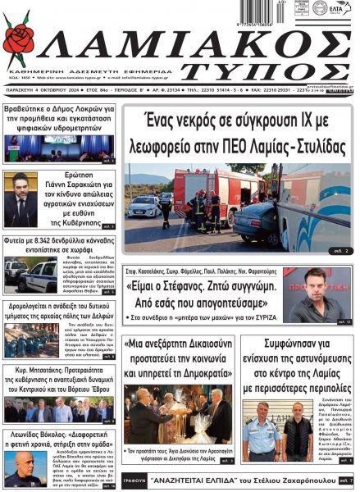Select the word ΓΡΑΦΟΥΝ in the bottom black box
[x=137, y=479]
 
